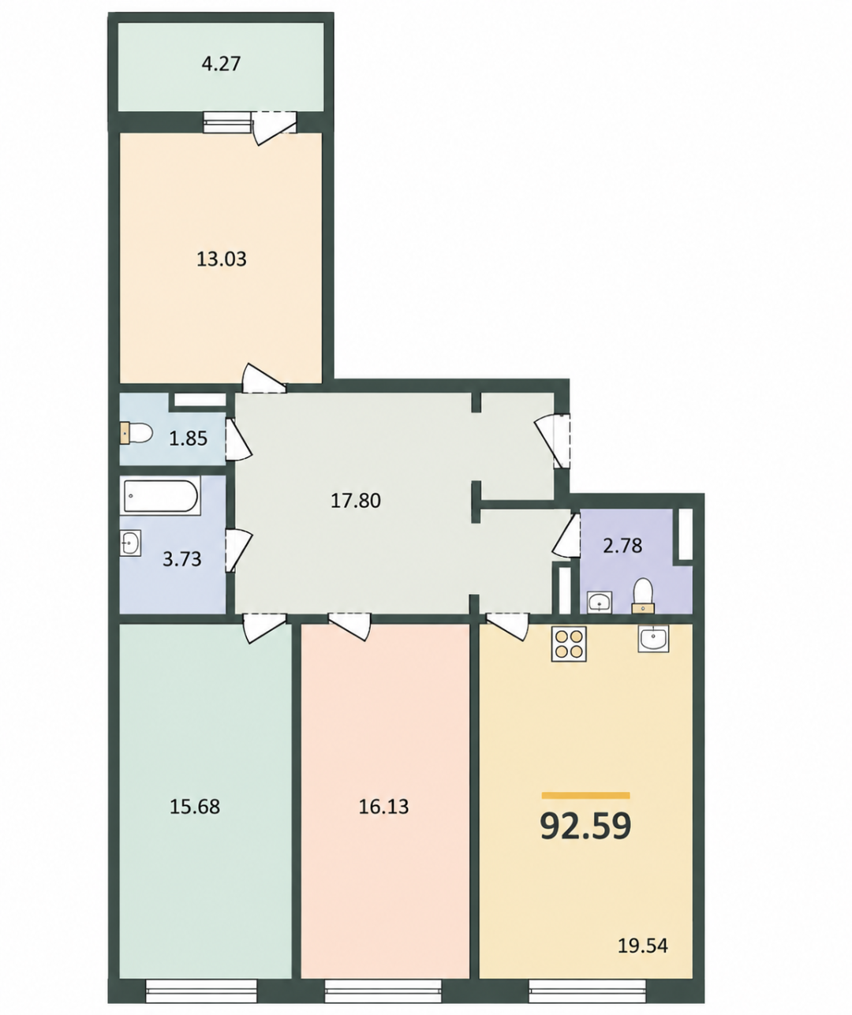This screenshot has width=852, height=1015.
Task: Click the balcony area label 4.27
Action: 221,64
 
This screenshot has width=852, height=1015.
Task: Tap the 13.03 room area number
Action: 221,259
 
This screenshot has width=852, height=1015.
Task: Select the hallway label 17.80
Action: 356,501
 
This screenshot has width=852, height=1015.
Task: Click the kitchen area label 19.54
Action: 643,946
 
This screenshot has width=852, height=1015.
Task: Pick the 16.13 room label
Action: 383,807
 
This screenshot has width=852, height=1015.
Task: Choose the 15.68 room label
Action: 195,807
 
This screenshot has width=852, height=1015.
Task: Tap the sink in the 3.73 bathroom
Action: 131,542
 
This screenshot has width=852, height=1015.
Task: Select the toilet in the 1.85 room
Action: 136,433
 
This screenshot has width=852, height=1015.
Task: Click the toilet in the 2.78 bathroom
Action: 644,595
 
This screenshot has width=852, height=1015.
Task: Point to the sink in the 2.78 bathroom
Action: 600,603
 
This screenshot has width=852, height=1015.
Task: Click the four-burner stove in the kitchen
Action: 569,644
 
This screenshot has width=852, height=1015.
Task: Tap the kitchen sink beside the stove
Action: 653,638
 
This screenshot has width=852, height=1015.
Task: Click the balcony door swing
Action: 274,127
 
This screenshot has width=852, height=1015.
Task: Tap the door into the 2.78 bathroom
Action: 566,535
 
